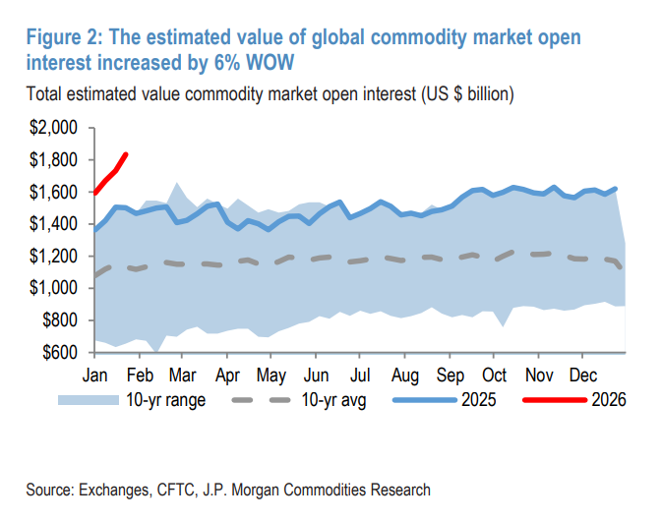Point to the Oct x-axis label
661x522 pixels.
494,375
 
